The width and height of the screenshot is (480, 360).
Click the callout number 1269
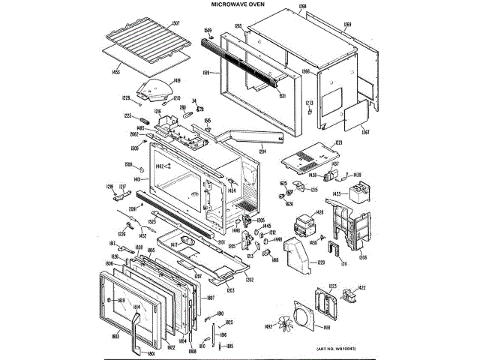pyautogui.click(x=348, y=25)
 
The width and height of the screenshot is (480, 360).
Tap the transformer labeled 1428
pyautogui.click(x=305, y=225)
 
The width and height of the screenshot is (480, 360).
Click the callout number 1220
pyautogui.click(x=321, y=262)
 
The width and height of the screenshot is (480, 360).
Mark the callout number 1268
pyautogui.click(x=302, y=7)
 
